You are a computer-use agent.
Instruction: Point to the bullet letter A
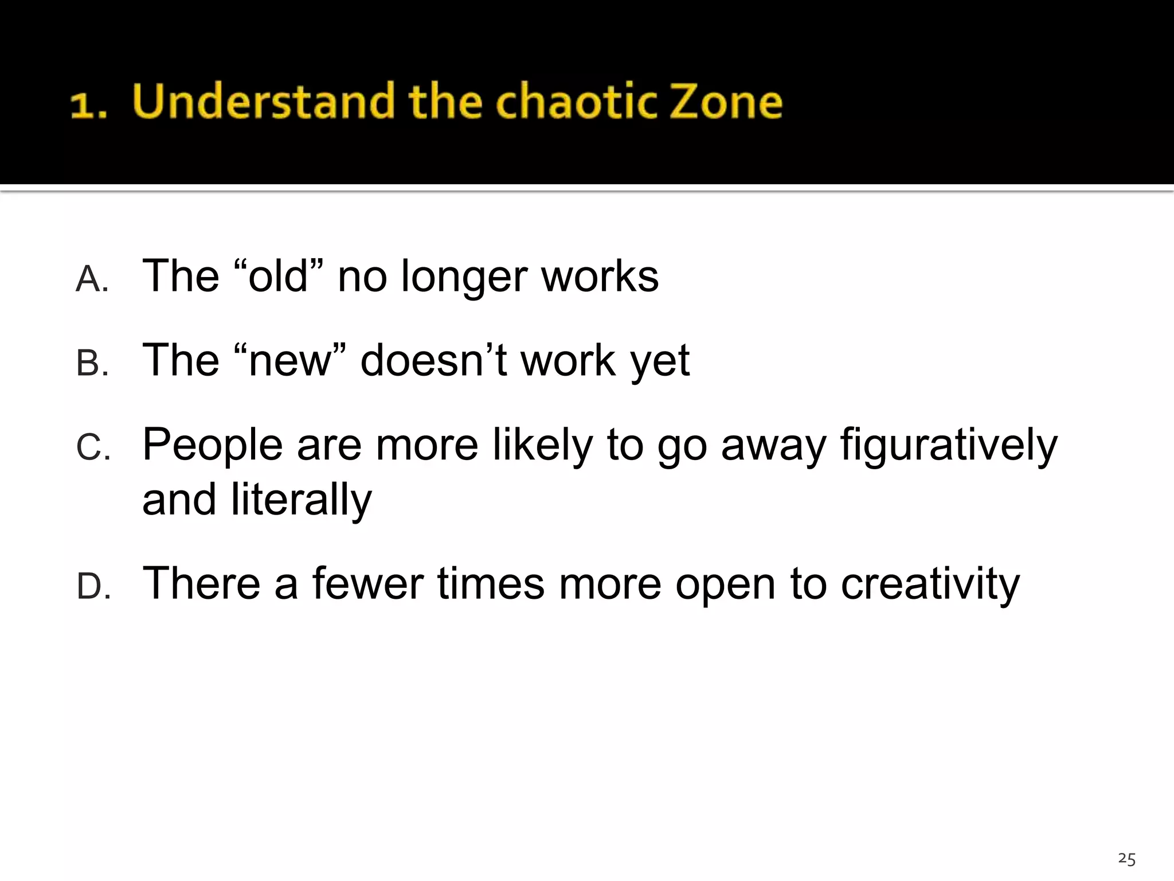92,280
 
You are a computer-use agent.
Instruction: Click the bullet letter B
92,364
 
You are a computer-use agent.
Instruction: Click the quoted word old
279,276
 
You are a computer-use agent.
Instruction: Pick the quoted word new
290,360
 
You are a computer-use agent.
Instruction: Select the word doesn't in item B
433,360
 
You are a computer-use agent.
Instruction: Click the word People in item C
212,445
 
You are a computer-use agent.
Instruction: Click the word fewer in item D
367,584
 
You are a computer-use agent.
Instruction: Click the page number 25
1126,859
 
